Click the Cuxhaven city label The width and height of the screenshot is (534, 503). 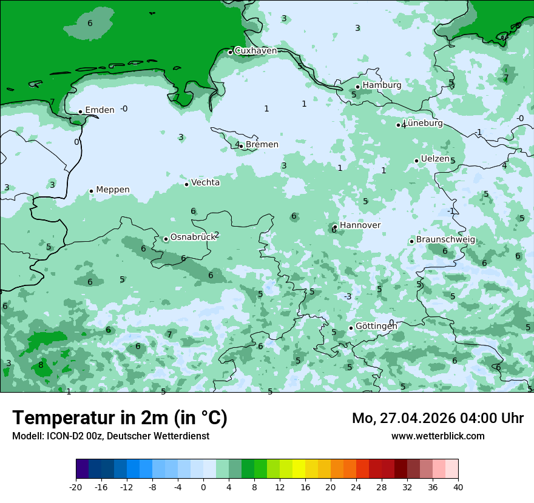coord(255,51)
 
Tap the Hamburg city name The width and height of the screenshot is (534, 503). coord(382,85)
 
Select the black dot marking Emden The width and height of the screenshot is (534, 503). coord(80,112)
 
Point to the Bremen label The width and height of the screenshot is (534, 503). coord(262,145)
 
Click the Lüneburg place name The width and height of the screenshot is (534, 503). coord(423,124)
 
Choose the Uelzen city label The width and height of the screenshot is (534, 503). coord(435,159)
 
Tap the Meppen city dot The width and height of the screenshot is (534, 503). coord(91,191)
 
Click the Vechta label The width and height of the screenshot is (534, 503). coord(206,182)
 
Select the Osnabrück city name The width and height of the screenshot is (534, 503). coord(193,238)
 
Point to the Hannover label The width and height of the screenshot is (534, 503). coord(360,225)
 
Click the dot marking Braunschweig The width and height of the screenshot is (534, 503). coord(411,241)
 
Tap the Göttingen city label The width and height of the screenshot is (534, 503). coord(376,326)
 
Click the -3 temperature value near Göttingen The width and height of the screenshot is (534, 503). coord(348,296)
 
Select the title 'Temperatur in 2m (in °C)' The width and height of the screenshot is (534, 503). coord(120,418)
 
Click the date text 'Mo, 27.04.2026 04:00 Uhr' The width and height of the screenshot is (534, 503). coord(438,418)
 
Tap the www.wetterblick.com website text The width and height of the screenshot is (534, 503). coord(438,436)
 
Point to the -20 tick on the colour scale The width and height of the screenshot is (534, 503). coord(76,487)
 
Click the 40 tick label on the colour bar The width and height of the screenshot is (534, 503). coord(458,487)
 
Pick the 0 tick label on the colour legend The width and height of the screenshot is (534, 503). coord(203,487)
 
